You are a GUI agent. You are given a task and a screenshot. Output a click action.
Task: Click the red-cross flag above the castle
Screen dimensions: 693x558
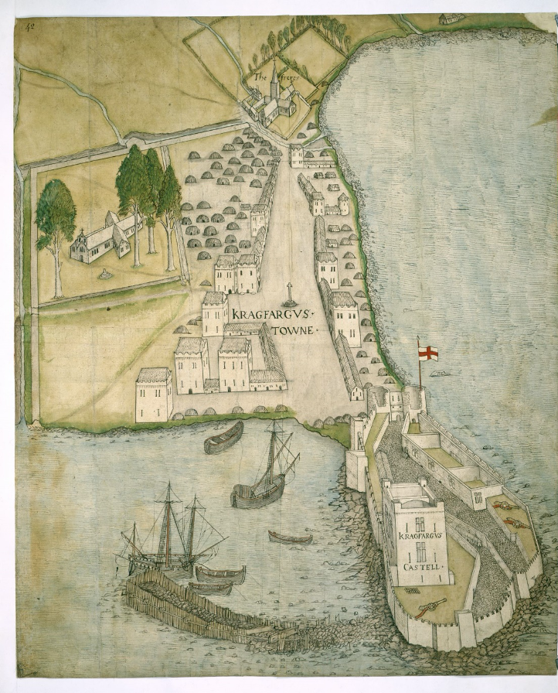428,353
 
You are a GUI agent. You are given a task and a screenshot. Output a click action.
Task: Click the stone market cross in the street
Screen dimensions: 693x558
290,295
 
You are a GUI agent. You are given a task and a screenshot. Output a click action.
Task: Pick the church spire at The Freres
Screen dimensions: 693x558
274,81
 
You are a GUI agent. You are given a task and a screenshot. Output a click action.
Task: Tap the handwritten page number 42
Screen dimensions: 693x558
31,26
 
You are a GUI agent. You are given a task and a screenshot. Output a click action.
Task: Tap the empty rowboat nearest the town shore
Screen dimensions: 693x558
223,438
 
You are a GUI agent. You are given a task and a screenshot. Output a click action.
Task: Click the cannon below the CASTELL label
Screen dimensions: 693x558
430,609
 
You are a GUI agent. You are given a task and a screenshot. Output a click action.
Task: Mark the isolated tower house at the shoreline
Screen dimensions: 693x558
154,394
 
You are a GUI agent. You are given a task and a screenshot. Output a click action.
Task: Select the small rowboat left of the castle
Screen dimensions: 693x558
291,538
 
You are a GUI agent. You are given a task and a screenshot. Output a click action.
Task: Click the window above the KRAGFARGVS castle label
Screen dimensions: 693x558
420,524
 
